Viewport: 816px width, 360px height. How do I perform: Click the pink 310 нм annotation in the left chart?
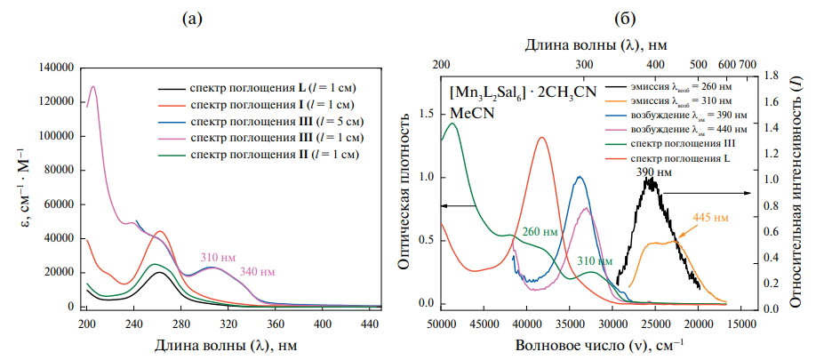tap(216, 256)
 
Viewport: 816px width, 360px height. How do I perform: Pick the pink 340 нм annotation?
tap(259, 271)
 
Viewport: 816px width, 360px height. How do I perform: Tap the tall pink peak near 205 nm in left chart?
tap(93, 87)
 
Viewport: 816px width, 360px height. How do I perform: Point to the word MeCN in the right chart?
tap(468, 113)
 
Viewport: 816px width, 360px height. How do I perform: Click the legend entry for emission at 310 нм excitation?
tap(682, 103)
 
